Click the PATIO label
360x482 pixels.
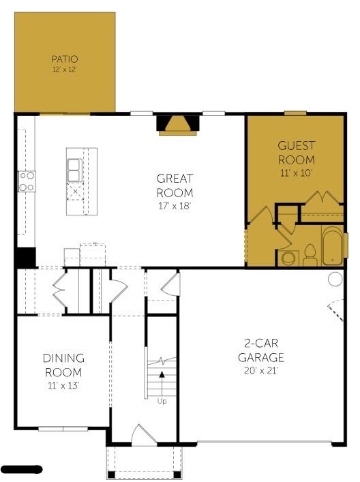65,59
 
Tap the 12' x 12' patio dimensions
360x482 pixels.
65,70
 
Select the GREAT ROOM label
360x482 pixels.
175,185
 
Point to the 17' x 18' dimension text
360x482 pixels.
175,205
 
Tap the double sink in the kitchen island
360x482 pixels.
74,170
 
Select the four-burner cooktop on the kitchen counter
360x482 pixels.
27,181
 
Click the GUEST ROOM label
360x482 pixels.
296,152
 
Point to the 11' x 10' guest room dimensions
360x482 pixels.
296,172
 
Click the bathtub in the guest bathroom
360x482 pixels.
333,245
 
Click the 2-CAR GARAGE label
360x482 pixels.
260,350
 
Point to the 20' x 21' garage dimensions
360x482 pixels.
260,371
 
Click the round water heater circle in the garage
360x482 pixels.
335,278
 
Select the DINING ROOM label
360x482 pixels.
63,365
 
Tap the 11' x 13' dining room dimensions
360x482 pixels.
63,385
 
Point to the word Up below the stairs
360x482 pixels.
162,401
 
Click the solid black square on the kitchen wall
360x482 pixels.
25,257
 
